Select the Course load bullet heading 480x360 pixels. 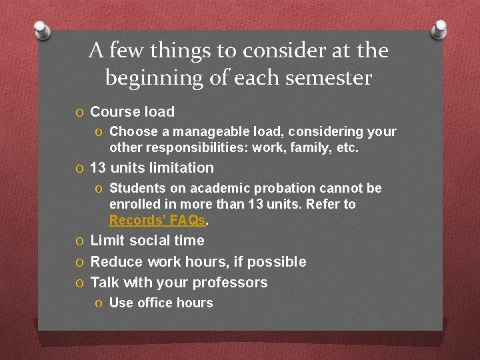[132, 112]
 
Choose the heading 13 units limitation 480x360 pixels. [152, 168]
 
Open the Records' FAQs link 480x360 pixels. [157, 220]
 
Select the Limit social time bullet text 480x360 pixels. [147, 241]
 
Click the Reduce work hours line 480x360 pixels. [198, 262]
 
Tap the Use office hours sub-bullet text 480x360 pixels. [161, 303]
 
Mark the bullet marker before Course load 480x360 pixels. [80, 113]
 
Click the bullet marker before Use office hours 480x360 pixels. [99, 303]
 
